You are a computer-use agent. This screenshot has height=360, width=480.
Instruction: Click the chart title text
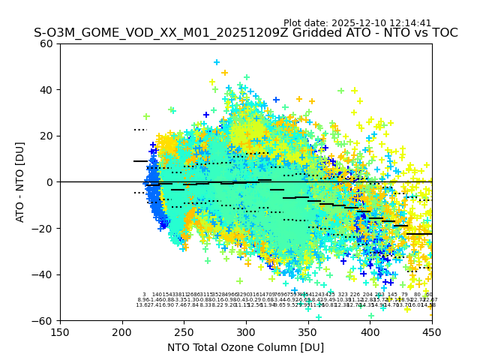click(245, 33)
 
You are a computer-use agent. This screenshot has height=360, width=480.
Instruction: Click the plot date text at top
click(357, 23)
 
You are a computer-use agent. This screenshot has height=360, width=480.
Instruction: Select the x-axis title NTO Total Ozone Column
click(245, 347)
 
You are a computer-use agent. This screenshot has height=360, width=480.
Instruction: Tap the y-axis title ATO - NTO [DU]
click(20, 182)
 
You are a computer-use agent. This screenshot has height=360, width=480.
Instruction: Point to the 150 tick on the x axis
click(60, 331)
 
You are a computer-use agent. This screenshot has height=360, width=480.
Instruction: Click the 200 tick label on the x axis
click(122, 331)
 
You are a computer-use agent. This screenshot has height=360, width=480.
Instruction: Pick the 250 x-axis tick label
click(184, 331)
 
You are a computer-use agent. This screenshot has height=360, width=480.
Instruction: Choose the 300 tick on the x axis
click(246, 331)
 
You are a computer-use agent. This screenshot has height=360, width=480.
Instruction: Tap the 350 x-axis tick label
click(307, 331)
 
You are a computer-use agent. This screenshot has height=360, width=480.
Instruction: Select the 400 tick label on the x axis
click(370, 331)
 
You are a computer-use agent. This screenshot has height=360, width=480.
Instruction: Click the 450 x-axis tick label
click(431, 331)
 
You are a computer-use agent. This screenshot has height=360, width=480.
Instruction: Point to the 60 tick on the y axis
click(46, 43)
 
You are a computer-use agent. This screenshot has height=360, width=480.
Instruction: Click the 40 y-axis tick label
click(46, 90)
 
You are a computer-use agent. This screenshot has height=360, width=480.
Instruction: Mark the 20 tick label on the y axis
click(46, 136)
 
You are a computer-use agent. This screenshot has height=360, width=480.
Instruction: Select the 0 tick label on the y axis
click(49, 182)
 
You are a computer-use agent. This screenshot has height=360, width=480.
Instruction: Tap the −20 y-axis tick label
click(43, 228)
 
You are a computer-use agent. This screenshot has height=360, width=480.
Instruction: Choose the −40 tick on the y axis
click(43, 274)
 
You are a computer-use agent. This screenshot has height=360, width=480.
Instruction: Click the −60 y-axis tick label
click(43, 320)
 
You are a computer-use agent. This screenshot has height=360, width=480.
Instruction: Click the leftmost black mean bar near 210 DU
click(140, 161)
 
